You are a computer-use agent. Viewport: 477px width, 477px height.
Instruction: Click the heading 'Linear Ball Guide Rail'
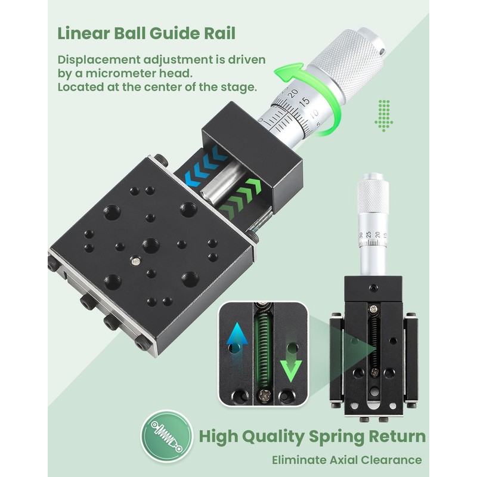(x=146, y=33)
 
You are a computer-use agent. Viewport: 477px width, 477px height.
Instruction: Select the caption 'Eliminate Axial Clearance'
(x=347, y=460)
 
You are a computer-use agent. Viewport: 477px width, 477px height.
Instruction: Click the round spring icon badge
(x=167, y=436)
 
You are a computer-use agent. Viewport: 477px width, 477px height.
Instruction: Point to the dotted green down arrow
(x=383, y=116)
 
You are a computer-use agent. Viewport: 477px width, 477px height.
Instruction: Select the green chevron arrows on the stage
(x=240, y=196)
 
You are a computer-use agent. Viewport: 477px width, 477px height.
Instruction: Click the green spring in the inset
(x=263, y=351)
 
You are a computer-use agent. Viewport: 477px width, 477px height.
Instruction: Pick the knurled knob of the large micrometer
(x=347, y=59)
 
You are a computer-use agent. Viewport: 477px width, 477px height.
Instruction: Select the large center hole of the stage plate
(x=151, y=246)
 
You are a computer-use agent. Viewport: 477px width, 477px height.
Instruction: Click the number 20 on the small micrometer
(x=377, y=234)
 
